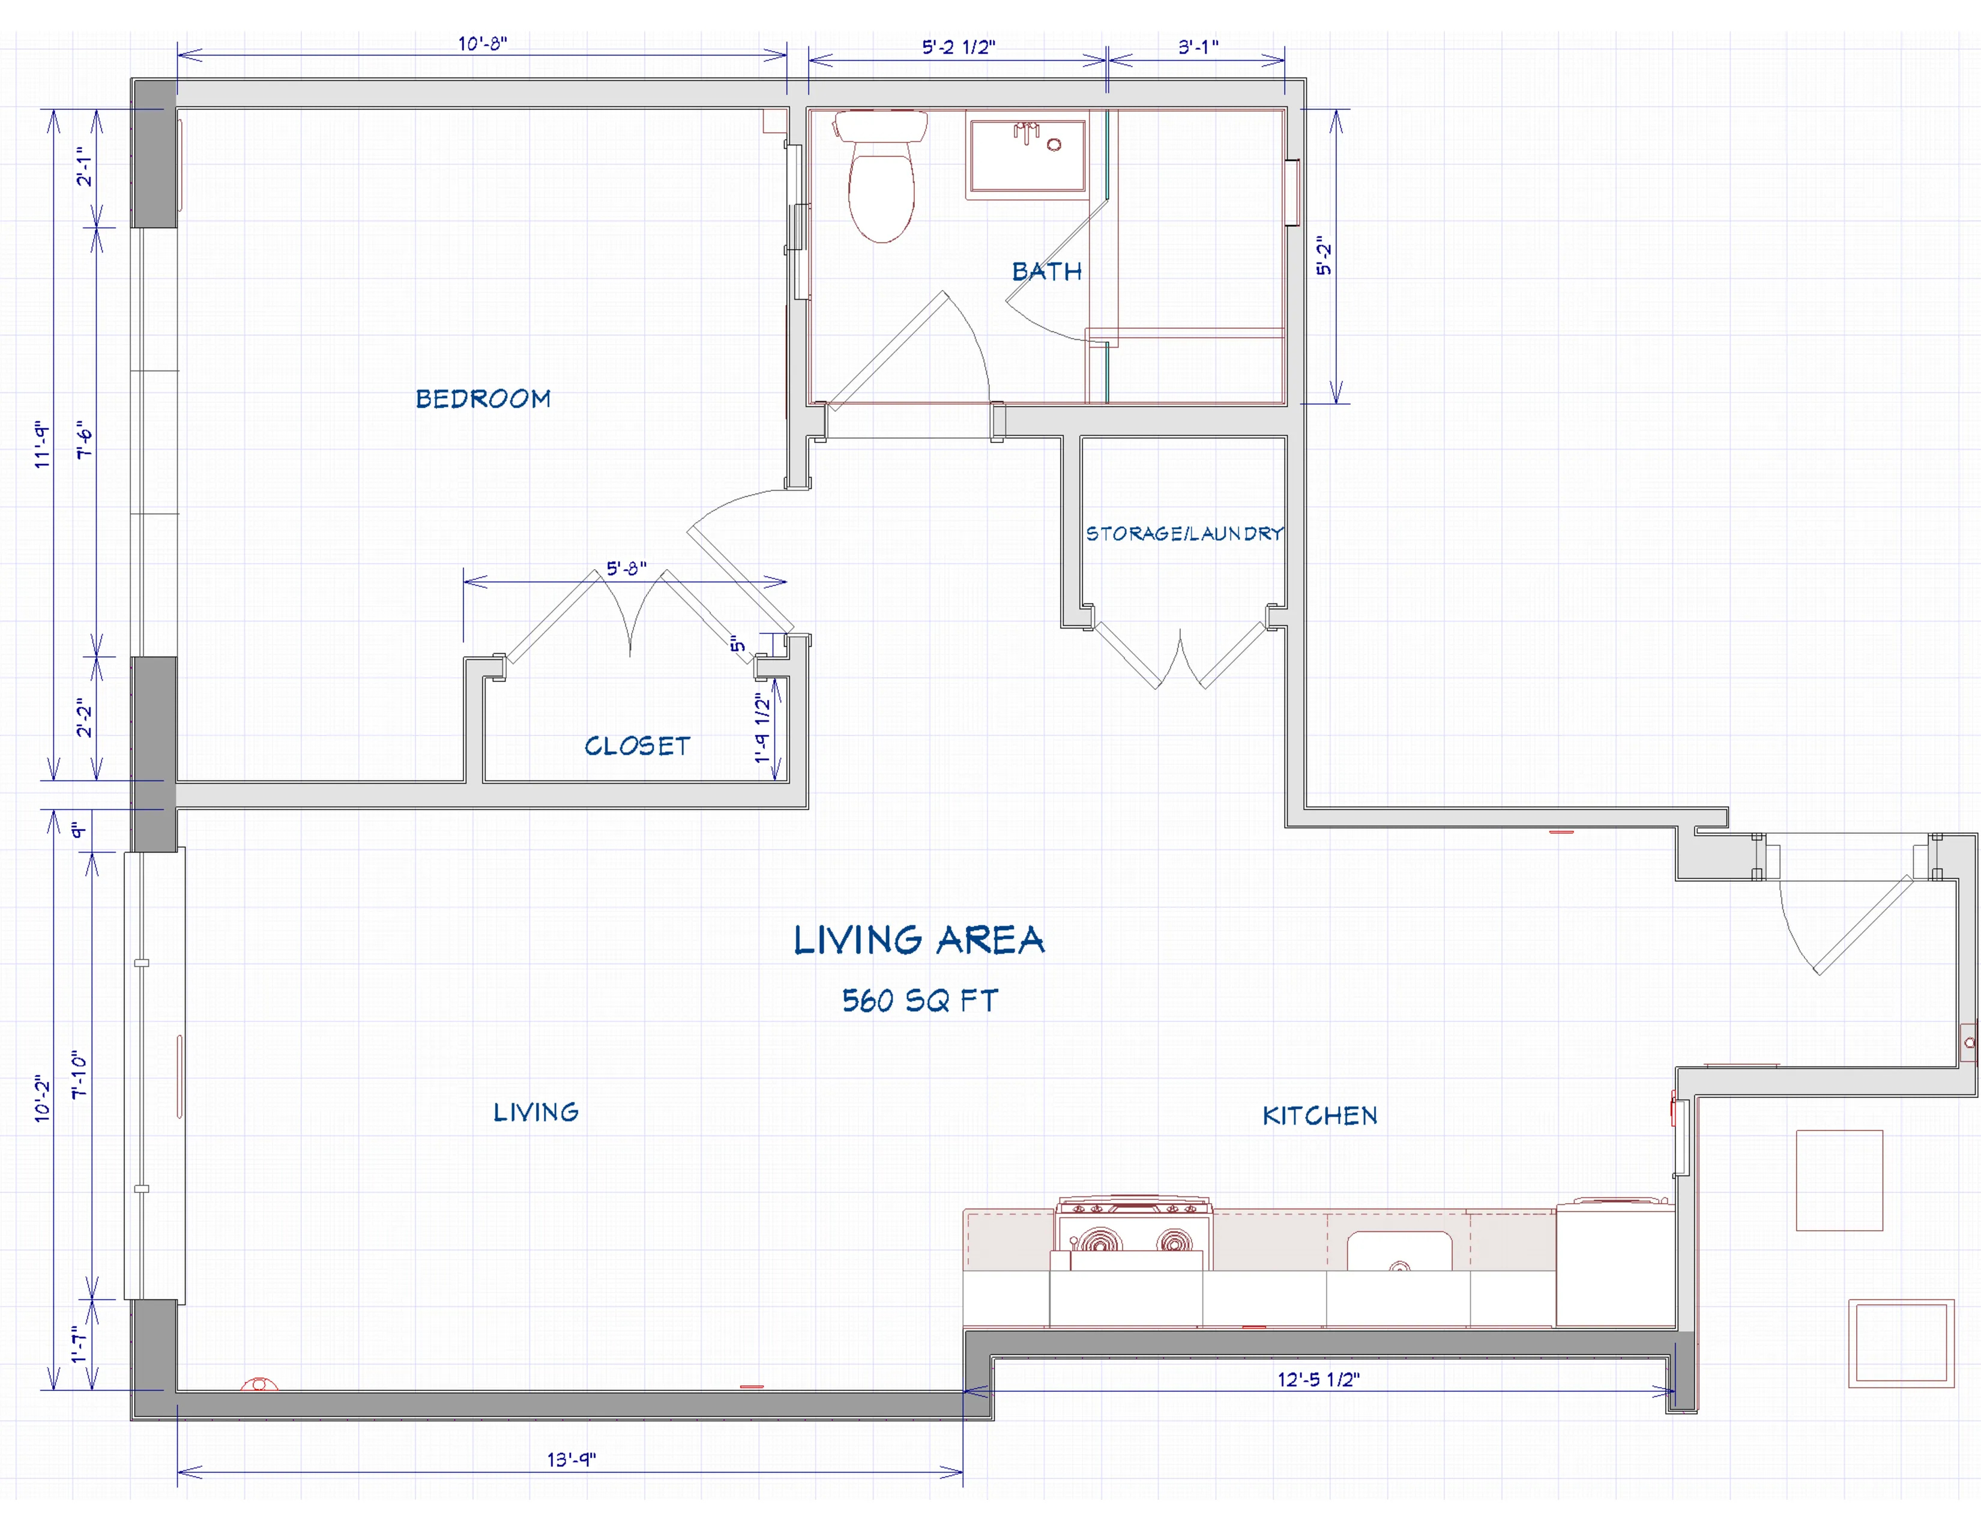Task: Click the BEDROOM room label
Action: pos(483,399)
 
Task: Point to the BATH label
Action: pos(1047,271)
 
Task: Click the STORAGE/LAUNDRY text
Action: pos(1184,533)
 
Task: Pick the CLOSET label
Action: pos(637,746)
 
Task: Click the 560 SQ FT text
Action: pos(920,1000)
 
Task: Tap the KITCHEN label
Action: pos(1319,1116)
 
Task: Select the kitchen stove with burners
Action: pos(1133,1234)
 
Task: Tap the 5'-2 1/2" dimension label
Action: pos(959,47)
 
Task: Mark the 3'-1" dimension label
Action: pos(1198,47)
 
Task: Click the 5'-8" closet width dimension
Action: pos(626,569)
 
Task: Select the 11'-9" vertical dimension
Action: pos(42,444)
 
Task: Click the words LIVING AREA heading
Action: pos(919,941)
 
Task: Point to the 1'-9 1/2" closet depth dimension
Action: pos(763,728)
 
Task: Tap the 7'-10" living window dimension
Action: pos(80,1075)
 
